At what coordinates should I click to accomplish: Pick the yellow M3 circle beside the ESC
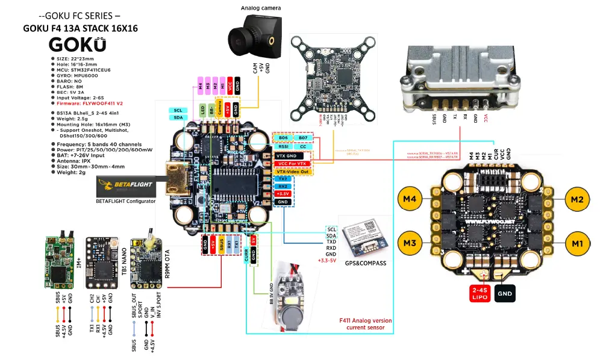410,244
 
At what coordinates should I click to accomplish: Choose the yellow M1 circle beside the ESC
577,244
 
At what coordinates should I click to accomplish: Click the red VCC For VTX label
293,163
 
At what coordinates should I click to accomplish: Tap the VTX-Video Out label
293,171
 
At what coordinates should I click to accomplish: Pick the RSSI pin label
283,146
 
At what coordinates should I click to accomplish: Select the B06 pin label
283,138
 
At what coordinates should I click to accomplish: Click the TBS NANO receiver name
123,265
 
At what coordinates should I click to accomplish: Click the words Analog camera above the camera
261,8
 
